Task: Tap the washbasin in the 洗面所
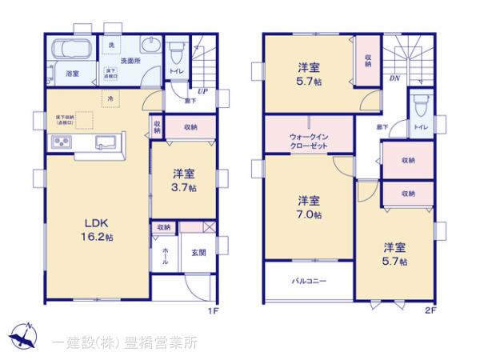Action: [149, 45]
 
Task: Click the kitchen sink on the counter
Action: [105, 143]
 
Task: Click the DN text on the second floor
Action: [394, 79]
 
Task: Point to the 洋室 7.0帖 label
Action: [310, 206]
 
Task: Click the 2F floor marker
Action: [429, 310]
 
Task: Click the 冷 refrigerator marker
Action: [110, 98]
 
